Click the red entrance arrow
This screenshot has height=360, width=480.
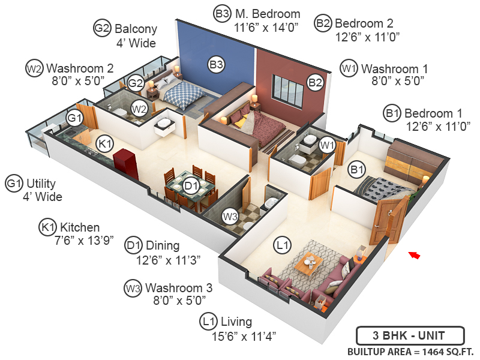tap(414, 256)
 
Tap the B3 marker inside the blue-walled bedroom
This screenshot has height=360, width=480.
tap(217, 64)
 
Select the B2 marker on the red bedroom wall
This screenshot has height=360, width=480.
tap(316, 82)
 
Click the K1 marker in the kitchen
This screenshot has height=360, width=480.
tap(105, 144)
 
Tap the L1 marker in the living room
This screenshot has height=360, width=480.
tap(282, 245)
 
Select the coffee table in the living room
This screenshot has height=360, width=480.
tap(310, 262)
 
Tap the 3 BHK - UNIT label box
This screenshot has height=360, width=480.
tap(409, 335)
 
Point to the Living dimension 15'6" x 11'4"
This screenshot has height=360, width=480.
tap(244, 335)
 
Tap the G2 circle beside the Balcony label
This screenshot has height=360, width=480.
tap(101, 28)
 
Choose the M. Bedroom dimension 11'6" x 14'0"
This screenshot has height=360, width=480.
tap(267, 27)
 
